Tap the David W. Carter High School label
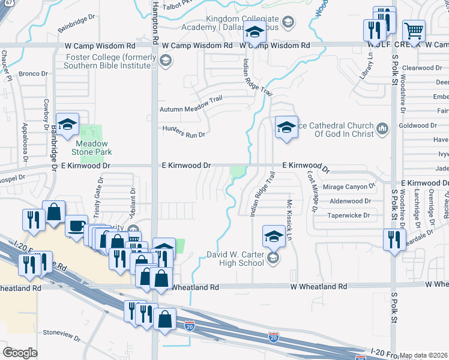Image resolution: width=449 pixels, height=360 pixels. click(x=235, y=259)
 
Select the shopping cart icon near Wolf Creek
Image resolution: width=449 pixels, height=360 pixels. click(x=414, y=31)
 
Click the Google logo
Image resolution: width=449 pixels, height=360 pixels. click(x=20, y=352)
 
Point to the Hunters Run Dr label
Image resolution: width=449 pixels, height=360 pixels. click(x=184, y=131)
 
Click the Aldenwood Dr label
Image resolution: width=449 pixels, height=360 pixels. click(x=351, y=201)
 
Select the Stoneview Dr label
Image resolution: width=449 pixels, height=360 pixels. click(x=62, y=335)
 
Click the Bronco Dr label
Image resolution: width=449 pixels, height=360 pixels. click(x=33, y=74)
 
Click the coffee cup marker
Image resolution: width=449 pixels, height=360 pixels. click(x=76, y=227)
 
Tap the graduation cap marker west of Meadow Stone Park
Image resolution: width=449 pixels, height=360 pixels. click(x=68, y=125)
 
